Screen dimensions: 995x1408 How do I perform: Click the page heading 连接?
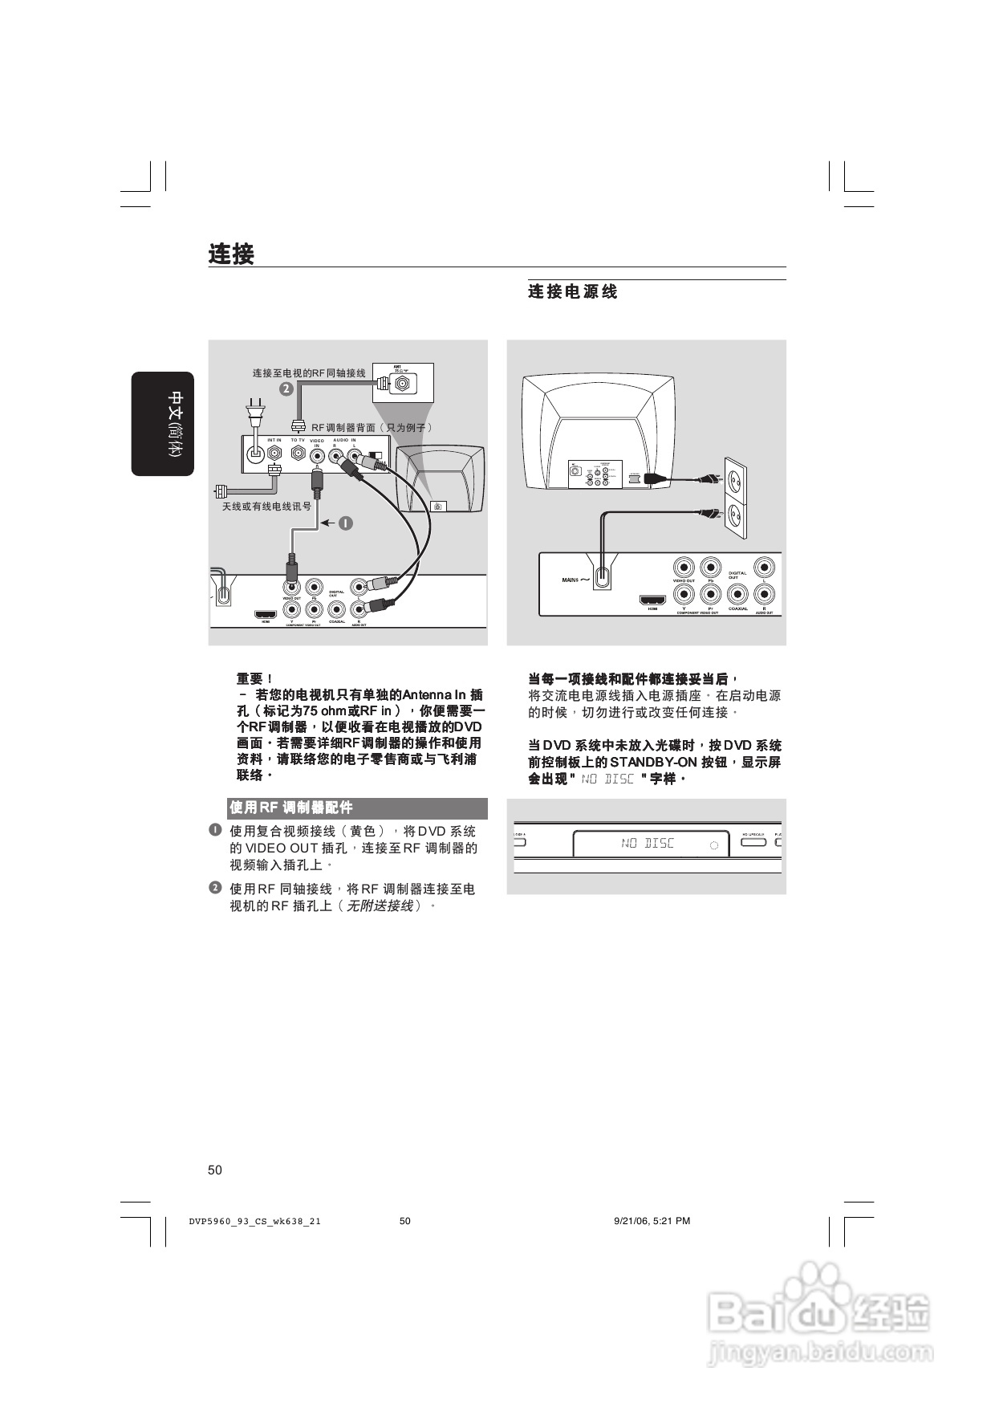pos(231,254)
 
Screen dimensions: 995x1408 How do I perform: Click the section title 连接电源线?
pos(572,291)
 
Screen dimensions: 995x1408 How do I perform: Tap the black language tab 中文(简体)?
pos(164,424)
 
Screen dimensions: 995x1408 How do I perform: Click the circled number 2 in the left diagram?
pos(286,389)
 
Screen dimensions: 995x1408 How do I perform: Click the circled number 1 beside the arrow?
pos(346,523)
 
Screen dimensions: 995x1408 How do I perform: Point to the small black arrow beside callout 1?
pos(327,523)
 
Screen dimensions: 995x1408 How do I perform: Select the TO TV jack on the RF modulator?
pos(298,454)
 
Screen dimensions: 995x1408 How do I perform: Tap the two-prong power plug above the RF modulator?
pos(255,412)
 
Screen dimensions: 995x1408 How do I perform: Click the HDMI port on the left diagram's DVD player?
pos(266,616)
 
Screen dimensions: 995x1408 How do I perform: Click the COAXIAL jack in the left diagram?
pos(336,610)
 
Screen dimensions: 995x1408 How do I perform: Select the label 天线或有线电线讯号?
pos(266,507)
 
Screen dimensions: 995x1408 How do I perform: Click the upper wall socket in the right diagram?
pos(736,477)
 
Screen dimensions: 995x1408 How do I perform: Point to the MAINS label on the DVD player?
pos(571,579)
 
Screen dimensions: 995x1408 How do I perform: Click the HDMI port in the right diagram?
pos(652,600)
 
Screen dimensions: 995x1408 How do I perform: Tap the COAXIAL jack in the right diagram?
pos(737,595)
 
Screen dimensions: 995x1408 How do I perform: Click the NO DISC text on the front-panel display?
pos(648,843)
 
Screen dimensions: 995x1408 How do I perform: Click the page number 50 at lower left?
pos(215,1170)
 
